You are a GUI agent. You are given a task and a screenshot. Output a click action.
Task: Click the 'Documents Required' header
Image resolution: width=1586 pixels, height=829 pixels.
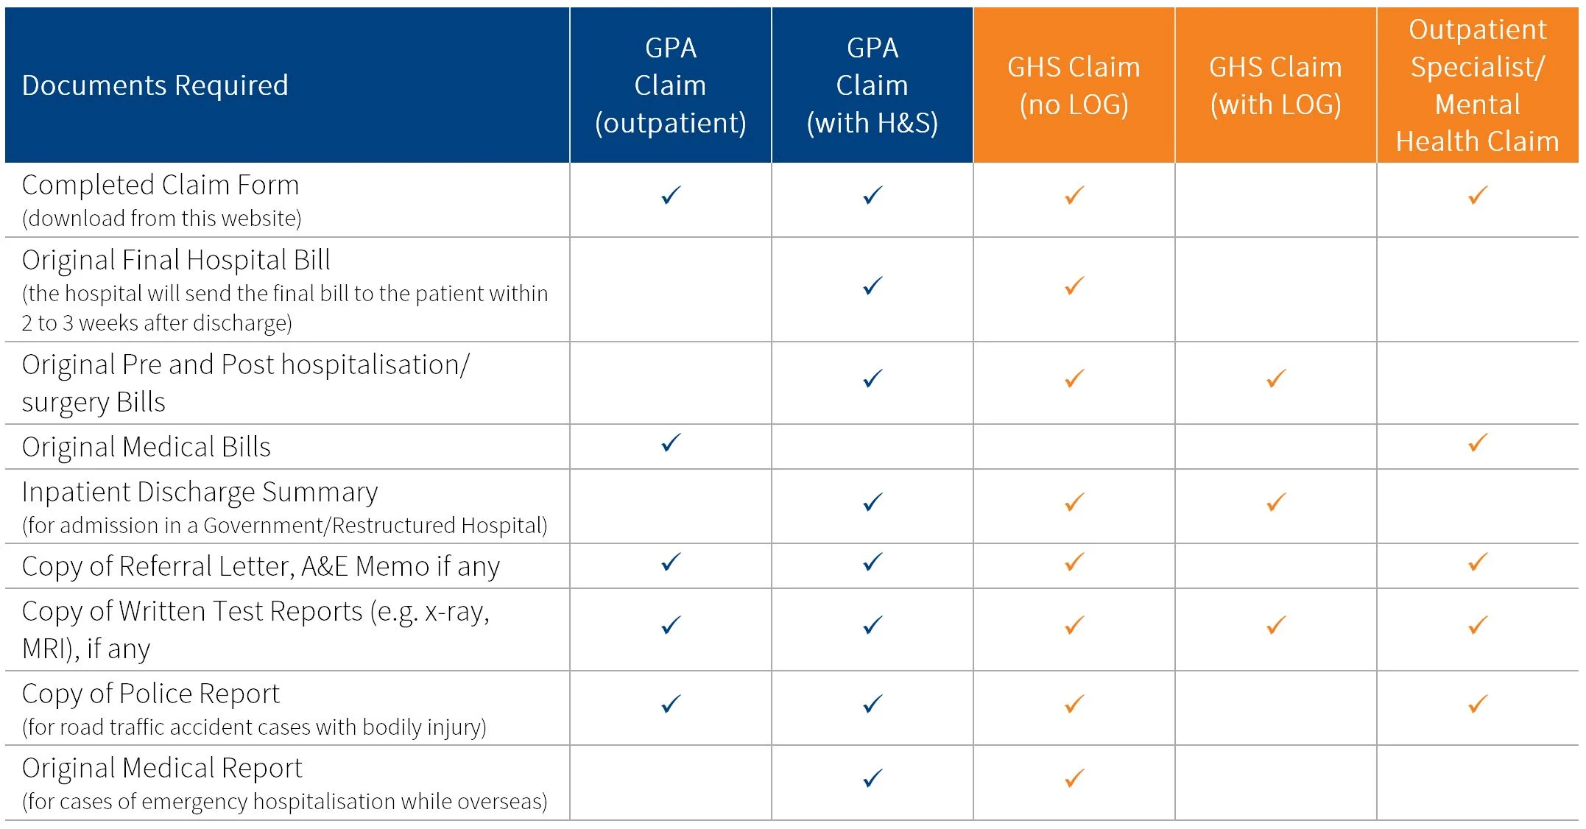[155, 85]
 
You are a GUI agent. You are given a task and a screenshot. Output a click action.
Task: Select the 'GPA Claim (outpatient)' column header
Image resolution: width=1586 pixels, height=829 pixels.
[670, 85]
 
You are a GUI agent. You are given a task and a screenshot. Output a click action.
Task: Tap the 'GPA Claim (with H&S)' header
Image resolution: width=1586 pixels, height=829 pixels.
[872, 85]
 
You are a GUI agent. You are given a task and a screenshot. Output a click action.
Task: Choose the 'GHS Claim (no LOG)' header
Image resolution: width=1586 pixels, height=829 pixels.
[1074, 85]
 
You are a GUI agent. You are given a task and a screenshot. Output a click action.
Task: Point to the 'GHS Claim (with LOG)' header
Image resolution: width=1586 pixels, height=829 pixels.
[1275, 85]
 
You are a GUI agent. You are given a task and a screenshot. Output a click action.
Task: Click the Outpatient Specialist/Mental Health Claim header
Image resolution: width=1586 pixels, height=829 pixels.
[1477, 85]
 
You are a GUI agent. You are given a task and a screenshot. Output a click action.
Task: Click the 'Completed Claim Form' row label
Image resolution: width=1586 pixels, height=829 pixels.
[161, 185]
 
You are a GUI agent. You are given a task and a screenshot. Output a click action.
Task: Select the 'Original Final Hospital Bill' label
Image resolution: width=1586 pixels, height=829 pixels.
[176, 260]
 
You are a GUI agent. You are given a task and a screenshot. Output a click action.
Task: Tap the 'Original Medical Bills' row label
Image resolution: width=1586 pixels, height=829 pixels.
[147, 447]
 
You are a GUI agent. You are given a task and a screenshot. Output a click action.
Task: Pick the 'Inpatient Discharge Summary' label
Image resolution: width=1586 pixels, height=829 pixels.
[200, 492]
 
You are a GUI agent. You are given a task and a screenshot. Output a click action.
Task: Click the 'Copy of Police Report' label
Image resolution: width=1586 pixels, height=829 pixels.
[151, 694]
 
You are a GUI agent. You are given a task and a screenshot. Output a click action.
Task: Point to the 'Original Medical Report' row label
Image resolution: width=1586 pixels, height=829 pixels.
[162, 768]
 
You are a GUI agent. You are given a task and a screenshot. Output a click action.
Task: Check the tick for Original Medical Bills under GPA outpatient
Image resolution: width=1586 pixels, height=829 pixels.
[671, 442]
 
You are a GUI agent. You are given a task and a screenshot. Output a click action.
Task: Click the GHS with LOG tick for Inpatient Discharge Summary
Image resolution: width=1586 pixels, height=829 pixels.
[1276, 502]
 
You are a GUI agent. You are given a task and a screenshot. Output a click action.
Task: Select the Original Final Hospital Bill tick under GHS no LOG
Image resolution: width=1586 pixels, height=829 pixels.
[1074, 286]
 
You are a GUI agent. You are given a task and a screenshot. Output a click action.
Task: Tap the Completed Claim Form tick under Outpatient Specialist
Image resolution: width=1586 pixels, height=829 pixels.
[1478, 195]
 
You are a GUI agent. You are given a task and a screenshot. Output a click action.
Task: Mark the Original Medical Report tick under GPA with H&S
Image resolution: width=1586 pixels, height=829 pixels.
[873, 778]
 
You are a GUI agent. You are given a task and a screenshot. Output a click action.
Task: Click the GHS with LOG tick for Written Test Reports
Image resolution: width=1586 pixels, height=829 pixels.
[1276, 625]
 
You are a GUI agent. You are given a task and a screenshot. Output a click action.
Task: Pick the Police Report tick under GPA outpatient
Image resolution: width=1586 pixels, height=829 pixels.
[671, 704]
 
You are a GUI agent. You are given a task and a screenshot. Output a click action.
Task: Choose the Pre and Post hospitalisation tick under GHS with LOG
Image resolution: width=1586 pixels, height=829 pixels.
[1276, 378]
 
